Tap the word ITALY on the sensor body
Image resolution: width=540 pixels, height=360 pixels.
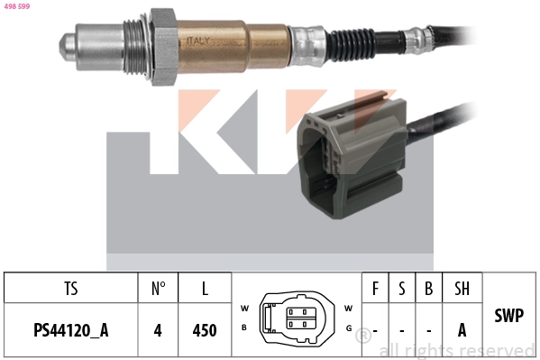click(198, 40)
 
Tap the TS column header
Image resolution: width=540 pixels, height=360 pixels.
click(70, 289)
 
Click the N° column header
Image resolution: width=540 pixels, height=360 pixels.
click(158, 289)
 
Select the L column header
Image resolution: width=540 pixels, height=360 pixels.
click(205, 289)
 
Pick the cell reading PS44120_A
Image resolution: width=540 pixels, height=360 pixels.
click(70, 329)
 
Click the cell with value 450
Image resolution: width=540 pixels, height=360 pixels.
click(205, 329)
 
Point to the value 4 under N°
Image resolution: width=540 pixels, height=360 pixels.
click(158, 329)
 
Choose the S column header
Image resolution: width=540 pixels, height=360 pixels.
click(401, 289)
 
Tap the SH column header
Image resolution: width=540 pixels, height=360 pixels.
click(462, 289)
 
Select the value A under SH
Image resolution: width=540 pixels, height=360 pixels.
click(462, 329)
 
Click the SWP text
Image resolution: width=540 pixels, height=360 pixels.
click(510, 316)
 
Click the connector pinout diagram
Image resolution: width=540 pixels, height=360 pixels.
click(297, 317)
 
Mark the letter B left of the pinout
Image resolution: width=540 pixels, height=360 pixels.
click(244, 327)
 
